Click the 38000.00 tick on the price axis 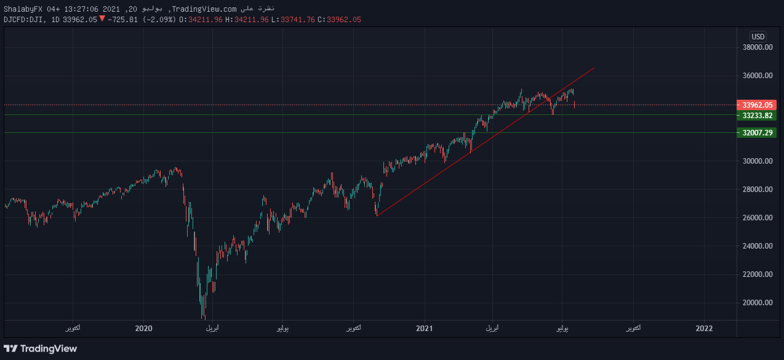(x=756, y=47)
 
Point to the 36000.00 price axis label (x=756, y=76)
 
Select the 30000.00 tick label (x=756, y=161)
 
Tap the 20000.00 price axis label (x=756, y=303)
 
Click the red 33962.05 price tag (x=756, y=105)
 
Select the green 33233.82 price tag (x=756, y=115)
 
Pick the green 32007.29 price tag (x=756, y=132)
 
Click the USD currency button (x=758, y=36)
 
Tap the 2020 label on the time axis (x=143, y=329)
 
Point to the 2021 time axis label (x=425, y=329)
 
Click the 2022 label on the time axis (x=704, y=329)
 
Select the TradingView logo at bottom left (x=41, y=349)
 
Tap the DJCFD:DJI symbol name (x=25, y=20)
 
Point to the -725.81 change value (x=124, y=20)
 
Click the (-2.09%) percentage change (x=159, y=20)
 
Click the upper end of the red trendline (x=594, y=67)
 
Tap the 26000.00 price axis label (x=756, y=218)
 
